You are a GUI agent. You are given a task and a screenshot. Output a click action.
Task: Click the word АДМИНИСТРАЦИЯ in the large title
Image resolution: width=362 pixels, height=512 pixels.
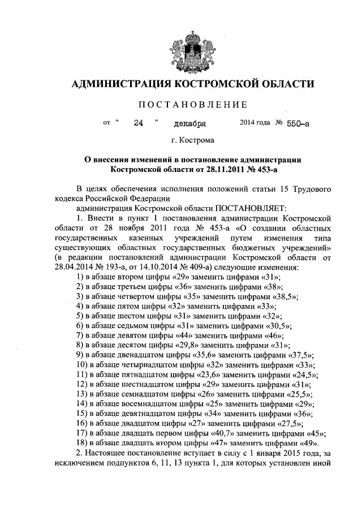coord(120,84)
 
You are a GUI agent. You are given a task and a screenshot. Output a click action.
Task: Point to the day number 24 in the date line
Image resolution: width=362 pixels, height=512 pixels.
coord(138,122)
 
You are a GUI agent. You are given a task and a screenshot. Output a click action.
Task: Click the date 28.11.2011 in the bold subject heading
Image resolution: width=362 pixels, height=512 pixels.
coord(223,169)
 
